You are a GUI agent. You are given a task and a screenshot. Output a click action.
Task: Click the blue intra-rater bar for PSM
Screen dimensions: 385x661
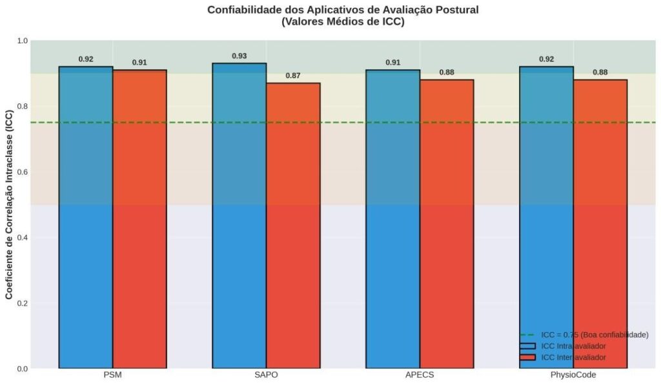[x=86, y=220]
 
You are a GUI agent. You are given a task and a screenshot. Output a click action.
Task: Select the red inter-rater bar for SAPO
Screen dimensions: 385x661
[x=293, y=226]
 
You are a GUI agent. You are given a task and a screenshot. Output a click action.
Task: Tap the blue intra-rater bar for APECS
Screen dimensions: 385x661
[x=392, y=220]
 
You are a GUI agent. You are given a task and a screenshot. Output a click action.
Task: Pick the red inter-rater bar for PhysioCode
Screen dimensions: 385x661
[x=600, y=226]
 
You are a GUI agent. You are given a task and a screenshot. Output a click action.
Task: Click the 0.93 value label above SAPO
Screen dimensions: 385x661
[x=239, y=56]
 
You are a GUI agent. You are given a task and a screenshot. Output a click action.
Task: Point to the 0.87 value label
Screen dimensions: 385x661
[x=293, y=76]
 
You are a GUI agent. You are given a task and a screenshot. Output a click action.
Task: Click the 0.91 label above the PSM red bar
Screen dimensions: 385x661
[x=139, y=63]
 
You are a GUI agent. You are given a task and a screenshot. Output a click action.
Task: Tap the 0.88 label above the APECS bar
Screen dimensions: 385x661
[x=447, y=72]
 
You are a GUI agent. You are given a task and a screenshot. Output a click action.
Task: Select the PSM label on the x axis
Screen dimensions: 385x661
[x=112, y=376]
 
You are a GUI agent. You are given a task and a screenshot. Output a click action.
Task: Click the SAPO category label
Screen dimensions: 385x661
[x=266, y=376]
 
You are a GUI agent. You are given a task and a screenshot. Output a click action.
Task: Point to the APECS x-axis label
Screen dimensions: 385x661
[x=420, y=376]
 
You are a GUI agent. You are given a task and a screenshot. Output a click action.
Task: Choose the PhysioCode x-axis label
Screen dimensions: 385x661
[x=573, y=376]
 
